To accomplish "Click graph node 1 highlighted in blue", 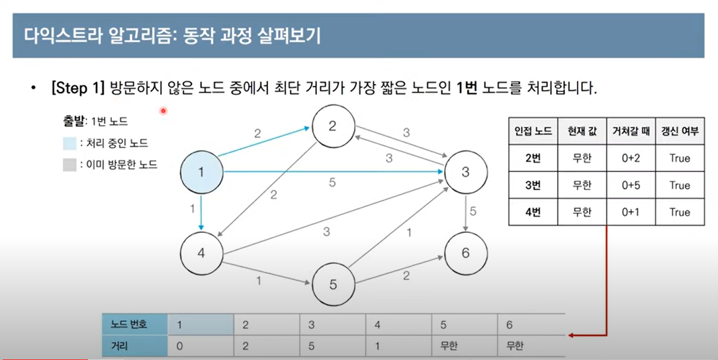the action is pyautogui.click(x=202, y=172).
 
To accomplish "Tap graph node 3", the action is pyautogui.click(x=465, y=172).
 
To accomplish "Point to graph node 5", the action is pyautogui.click(x=333, y=285).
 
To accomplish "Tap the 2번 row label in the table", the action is pyautogui.click(x=533, y=158).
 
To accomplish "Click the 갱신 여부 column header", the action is pyautogui.click(x=679, y=131).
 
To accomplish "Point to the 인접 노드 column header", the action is pyautogui.click(x=533, y=131).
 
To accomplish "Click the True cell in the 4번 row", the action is pyautogui.click(x=679, y=212).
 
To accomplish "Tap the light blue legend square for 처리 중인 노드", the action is pyautogui.click(x=69, y=144).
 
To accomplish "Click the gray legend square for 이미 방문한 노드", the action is pyautogui.click(x=69, y=164).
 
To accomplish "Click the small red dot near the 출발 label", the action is pyautogui.click(x=162, y=111).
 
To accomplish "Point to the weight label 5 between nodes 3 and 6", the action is pyautogui.click(x=473, y=211).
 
